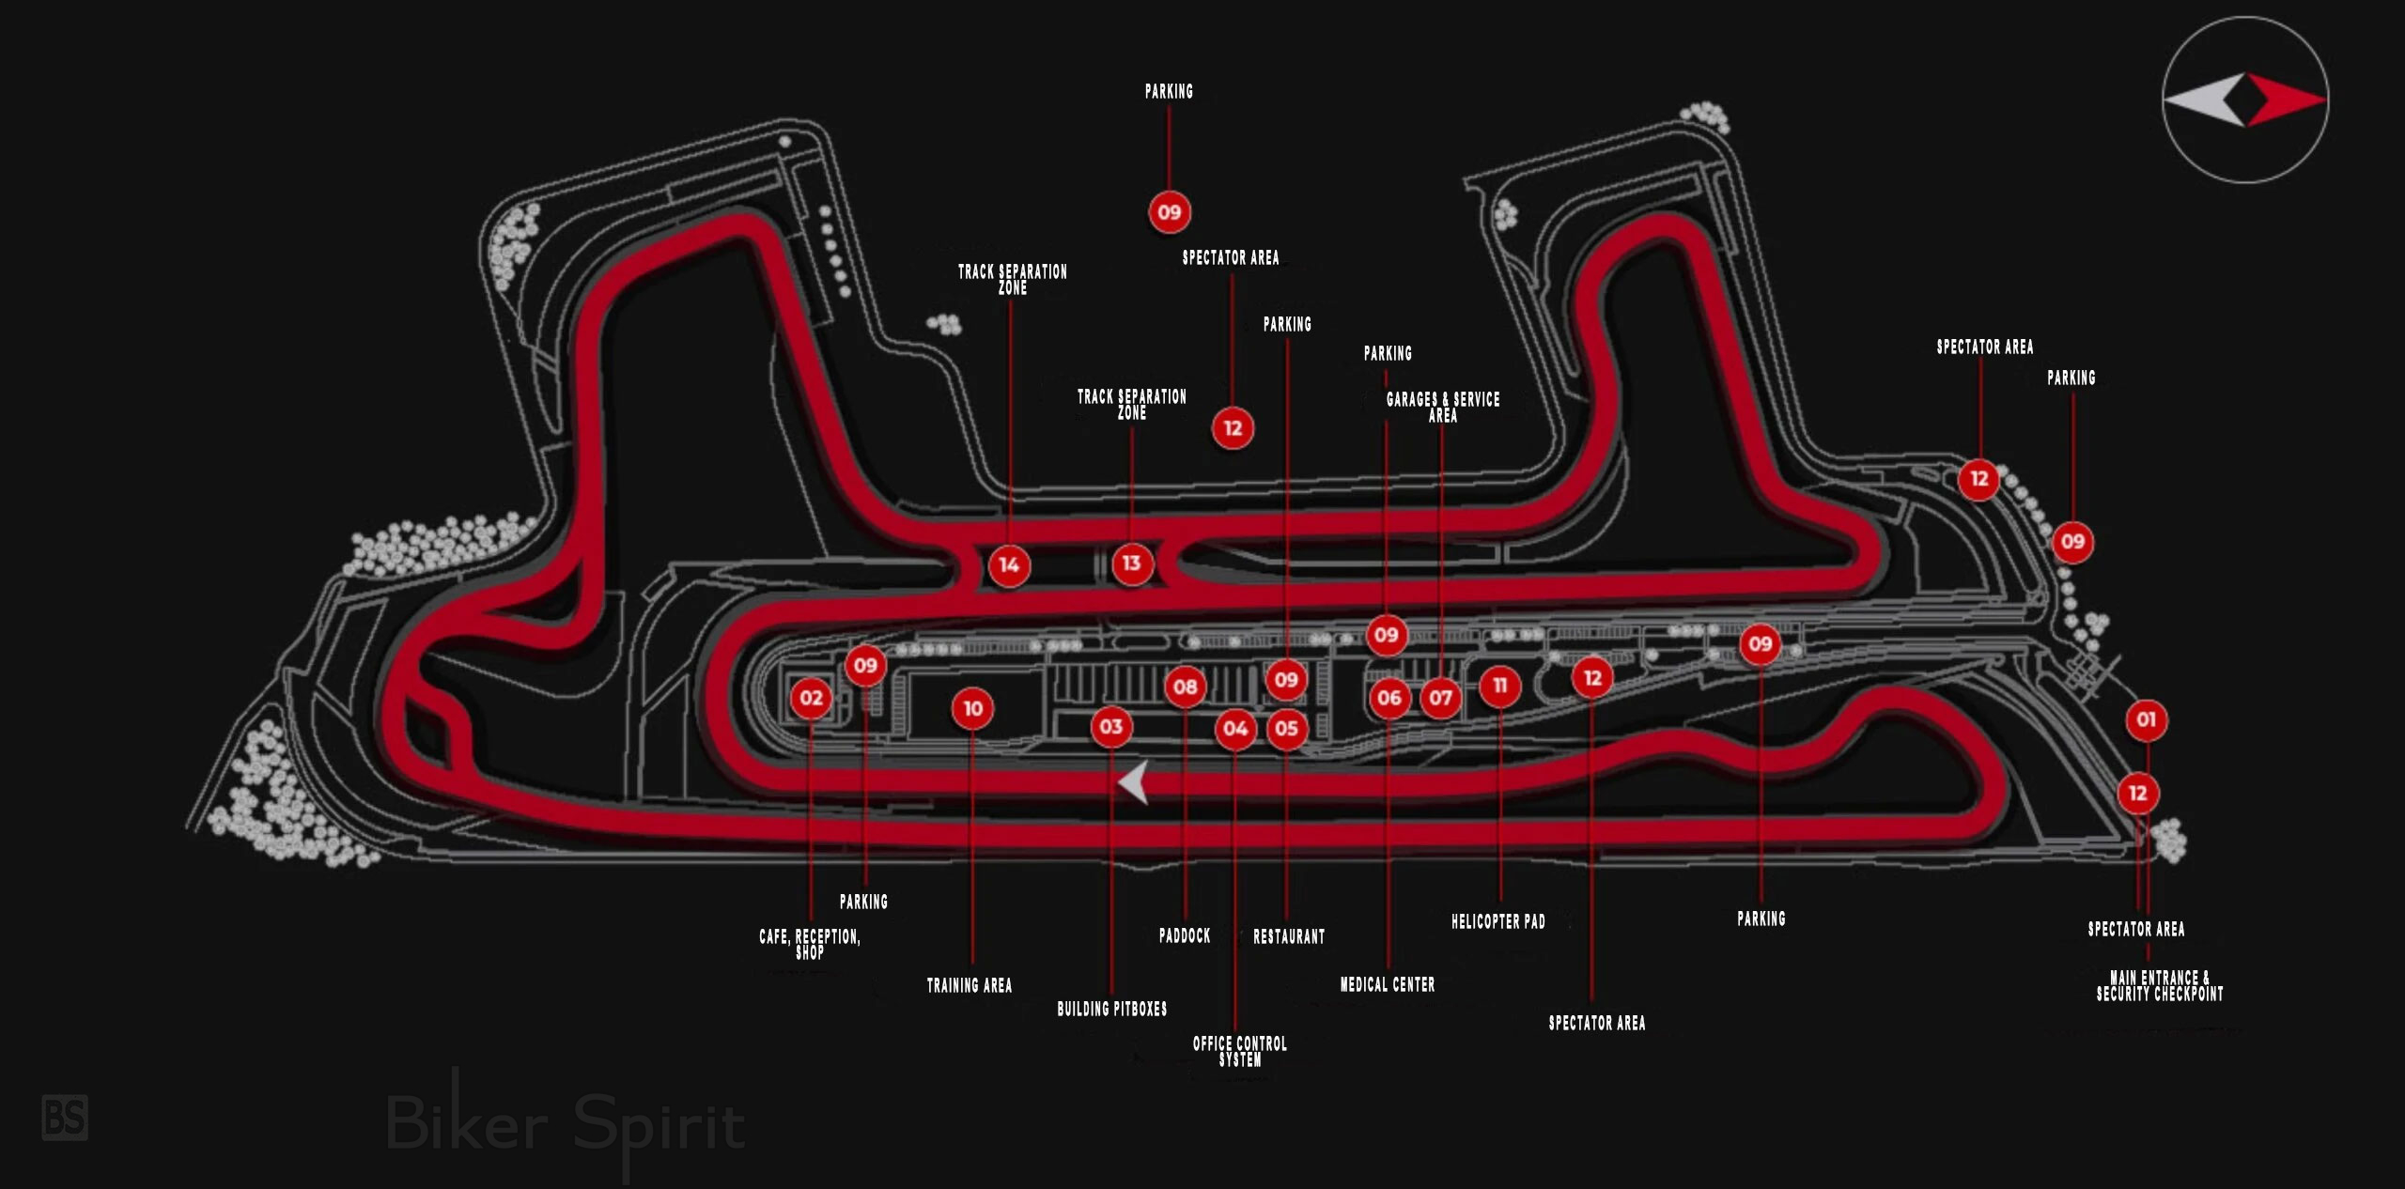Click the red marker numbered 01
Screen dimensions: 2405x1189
tap(2146, 720)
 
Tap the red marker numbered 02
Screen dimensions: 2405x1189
tap(811, 698)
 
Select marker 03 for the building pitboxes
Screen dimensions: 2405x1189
tap(1110, 727)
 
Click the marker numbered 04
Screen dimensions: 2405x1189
tap(1235, 729)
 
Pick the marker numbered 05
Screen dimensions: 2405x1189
tap(1286, 729)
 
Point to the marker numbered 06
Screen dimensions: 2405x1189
tap(1389, 698)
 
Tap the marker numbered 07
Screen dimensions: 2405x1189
tap(1440, 698)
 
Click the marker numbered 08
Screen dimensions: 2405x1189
tap(1185, 687)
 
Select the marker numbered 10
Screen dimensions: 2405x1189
tap(972, 709)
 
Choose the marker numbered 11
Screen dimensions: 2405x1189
tap(1499, 687)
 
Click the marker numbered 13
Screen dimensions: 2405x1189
tap(1131, 564)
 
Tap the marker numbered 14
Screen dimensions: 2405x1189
tap(1009, 565)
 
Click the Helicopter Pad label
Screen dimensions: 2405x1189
tap(1498, 921)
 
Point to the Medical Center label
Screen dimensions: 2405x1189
tap(1388, 984)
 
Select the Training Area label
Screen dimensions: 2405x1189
tap(970, 985)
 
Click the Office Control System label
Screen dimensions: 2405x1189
tap(1240, 1051)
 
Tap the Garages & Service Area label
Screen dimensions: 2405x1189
tap(1443, 407)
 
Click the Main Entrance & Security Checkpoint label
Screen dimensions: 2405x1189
tap(2160, 986)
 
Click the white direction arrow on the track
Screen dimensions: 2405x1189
tap(1134, 782)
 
